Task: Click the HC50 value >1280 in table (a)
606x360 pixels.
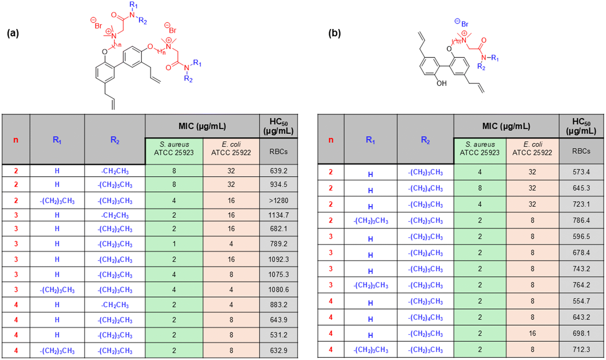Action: click(x=278, y=201)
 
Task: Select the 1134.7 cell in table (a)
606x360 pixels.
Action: click(x=278, y=215)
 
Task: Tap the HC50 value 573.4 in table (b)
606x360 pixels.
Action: click(x=581, y=172)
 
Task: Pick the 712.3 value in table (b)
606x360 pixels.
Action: click(x=581, y=350)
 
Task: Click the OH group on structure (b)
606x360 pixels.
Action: click(x=441, y=83)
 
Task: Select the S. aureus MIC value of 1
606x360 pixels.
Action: click(x=174, y=244)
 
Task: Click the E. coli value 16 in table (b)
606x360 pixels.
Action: click(x=532, y=333)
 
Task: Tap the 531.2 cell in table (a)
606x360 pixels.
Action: click(x=278, y=335)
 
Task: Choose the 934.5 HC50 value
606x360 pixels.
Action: click(x=278, y=184)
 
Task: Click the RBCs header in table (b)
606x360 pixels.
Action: click(x=581, y=151)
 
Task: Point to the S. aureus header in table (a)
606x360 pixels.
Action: click(x=174, y=148)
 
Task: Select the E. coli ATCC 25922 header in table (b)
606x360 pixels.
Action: click(x=532, y=148)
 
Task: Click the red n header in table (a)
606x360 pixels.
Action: click(x=16, y=140)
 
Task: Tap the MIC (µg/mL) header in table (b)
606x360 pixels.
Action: click(x=506, y=126)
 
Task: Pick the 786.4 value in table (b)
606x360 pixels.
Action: click(x=581, y=220)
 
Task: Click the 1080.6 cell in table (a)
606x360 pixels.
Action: click(x=278, y=289)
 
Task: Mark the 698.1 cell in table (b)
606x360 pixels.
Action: click(x=581, y=333)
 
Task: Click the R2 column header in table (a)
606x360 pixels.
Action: click(x=115, y=140)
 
